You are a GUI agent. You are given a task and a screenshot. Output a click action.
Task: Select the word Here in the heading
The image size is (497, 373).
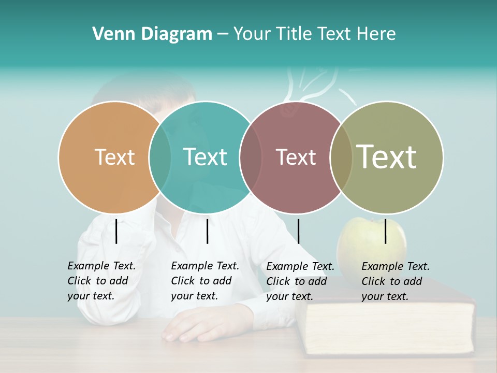376,34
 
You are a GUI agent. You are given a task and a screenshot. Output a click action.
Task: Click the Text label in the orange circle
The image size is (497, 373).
114,157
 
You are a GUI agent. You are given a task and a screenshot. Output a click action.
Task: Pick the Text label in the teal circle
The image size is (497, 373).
205,157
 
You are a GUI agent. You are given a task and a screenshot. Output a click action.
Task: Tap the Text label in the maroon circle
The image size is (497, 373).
296,157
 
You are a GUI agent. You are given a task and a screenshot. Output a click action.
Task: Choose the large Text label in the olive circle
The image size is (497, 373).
386,156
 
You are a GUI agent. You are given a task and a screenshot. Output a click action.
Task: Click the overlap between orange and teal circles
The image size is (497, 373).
160,157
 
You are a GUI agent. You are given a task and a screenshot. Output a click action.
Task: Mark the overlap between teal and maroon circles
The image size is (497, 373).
251,157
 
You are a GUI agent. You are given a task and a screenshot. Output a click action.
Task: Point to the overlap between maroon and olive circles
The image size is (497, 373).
341,157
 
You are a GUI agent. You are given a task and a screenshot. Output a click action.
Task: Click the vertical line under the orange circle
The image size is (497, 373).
116,231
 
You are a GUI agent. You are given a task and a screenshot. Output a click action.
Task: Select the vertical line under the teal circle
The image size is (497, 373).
207,231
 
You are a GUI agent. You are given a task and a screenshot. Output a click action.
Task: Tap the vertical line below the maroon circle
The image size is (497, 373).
298,231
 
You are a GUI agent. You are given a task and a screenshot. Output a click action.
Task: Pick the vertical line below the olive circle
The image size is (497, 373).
385,231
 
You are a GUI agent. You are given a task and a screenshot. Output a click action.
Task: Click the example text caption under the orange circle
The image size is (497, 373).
101,281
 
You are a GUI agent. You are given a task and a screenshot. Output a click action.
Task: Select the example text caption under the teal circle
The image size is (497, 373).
204,281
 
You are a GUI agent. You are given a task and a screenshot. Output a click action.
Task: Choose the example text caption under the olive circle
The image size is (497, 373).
395,281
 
